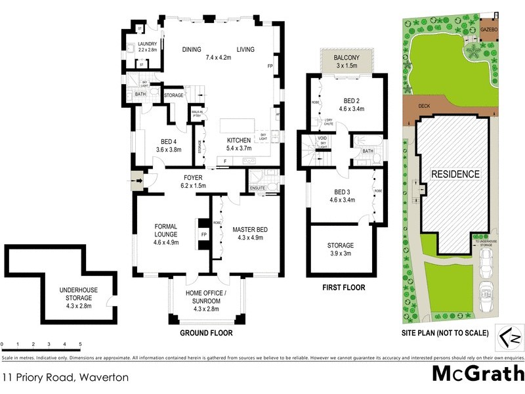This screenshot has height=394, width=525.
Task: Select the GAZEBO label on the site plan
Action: (489, 30)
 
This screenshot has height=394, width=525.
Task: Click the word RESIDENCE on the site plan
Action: (455, 174)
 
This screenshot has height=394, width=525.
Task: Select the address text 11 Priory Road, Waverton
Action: (64, 378)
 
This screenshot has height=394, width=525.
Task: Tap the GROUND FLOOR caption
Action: (206, 333)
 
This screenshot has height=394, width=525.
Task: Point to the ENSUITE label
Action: (258, 188)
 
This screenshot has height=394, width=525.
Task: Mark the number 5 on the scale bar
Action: (80, 344)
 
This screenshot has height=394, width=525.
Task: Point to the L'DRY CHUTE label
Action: (329, 122)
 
